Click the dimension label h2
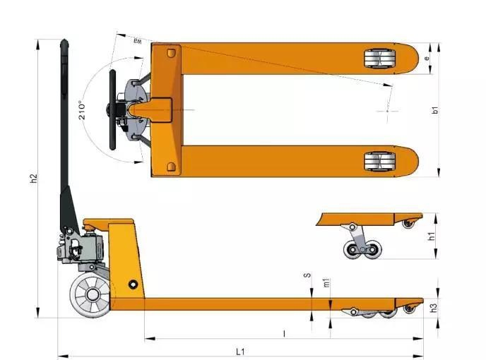point(33,179)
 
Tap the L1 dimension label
point(240,351)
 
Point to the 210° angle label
point(83,111)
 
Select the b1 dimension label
point(436,110)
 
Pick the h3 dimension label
point(434,307)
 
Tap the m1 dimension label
point(326,283)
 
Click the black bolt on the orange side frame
point(133,284)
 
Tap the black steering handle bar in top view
point(111,110)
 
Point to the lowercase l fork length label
point(283,332)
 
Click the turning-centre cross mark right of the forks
point(387,110)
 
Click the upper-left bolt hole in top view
point(170,53)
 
